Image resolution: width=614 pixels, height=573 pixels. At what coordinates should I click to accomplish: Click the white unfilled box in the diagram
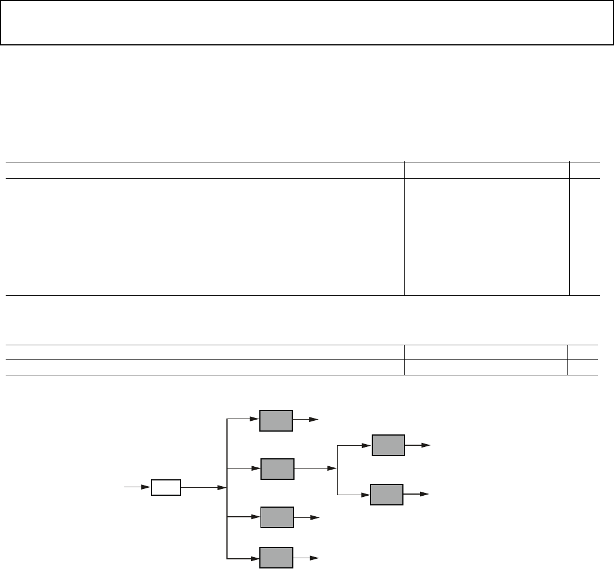tap(166, 487)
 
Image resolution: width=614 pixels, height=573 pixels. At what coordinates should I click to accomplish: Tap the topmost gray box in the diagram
tap(276, 420)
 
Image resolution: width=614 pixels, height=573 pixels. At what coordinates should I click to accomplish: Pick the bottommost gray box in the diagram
tap(276, 558)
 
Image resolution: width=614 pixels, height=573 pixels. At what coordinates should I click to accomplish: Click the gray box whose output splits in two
tap(277, 469)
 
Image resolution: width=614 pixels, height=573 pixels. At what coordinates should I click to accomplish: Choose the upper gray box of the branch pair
tap(388, 445)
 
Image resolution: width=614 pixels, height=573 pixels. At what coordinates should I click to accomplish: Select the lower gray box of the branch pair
tap(387, 495)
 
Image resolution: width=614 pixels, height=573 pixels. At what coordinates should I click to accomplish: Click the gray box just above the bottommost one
tap(277, 517)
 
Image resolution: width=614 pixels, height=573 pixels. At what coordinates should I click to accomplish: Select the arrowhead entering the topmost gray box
tap(254, 420)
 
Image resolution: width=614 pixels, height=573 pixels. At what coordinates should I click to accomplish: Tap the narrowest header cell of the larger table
tap(584, 170)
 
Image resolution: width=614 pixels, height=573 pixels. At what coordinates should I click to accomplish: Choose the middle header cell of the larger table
tap(486, 170)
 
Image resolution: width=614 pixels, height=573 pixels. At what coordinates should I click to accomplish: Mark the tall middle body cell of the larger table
tap(486, 237)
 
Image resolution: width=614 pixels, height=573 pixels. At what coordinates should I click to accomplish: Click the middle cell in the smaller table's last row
tap(486, 367)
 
